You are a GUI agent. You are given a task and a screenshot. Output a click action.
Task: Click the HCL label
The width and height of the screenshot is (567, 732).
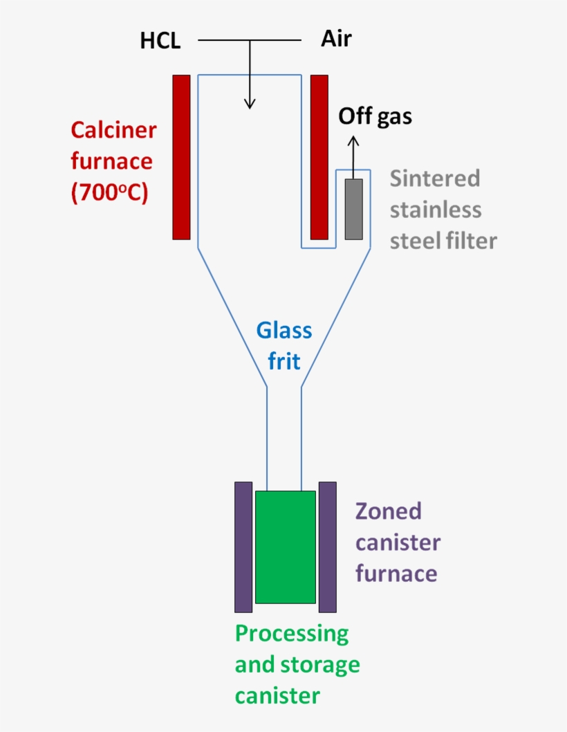pos(160,41)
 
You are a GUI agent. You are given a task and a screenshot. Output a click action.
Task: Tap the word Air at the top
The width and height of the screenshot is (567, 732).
pos(336,39)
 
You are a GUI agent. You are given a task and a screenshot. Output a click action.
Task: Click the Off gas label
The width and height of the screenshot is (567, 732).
pos(375,116)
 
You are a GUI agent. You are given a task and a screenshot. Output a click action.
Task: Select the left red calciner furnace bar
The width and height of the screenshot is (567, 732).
pos(181,157)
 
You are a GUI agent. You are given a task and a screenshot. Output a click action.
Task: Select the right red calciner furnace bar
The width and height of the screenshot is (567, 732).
pos(319,157)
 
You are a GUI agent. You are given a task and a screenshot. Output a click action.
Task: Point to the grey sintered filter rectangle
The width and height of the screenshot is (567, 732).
pos(353,209)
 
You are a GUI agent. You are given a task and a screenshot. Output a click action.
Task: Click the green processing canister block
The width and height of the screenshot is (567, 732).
pos(285,547)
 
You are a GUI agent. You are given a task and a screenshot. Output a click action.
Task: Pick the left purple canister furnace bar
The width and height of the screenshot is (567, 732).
pos(243,547)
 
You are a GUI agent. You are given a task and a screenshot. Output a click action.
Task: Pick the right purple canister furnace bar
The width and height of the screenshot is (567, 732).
pos(327,547)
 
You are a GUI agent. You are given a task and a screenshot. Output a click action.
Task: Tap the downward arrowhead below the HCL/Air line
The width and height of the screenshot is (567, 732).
pos(250,103)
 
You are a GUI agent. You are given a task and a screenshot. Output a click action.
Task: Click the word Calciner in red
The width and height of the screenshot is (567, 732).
pos(113,129)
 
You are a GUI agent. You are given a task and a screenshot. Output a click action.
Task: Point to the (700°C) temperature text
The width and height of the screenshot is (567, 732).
pos(109,193)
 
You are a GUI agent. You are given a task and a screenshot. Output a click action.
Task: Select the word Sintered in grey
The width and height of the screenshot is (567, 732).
pos(435,178)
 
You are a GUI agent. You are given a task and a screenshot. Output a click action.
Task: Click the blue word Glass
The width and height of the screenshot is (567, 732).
pos(284,331)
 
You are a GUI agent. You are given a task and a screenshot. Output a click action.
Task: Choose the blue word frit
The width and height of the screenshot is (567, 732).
pos(284,361)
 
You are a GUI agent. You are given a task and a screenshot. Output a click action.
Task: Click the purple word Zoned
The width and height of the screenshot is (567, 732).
pos(388,511)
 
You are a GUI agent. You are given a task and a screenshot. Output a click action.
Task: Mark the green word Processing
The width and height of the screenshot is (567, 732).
pos(292,634)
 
